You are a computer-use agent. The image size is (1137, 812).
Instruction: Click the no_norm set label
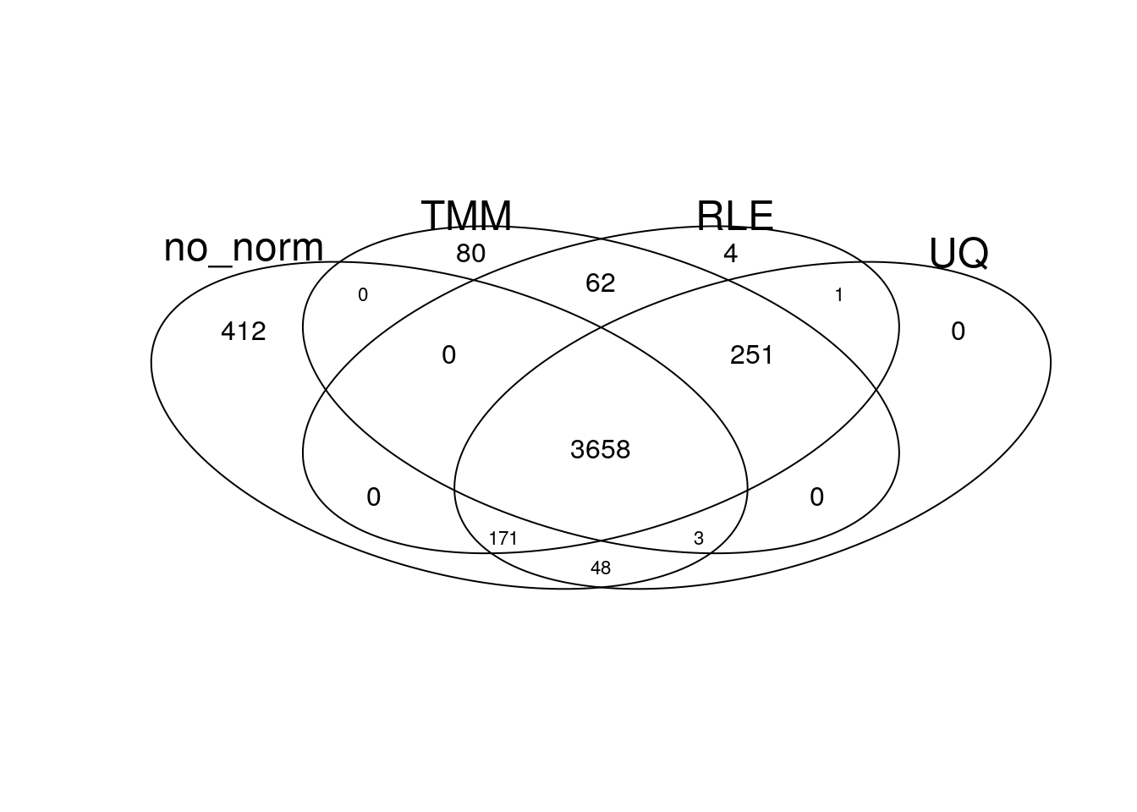click(244, 250)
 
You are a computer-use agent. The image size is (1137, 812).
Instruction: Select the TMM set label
click(466, 216)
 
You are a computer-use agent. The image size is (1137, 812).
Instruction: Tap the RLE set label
click(735, 216)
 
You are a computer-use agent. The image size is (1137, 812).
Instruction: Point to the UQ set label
click(958, 254)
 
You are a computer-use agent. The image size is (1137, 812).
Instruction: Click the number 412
click(243, 332)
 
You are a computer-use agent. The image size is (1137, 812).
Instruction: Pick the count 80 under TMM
click(470, 253)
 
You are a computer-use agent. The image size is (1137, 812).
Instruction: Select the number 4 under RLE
click(730, 253)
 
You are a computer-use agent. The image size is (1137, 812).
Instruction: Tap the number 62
click(600, 283)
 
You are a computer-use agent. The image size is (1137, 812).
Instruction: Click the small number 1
click(838, 294)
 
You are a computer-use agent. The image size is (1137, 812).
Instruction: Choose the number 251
click(751, 354)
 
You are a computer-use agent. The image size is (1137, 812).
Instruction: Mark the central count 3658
click(600, 449)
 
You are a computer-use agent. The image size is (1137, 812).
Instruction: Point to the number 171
click(503, 538)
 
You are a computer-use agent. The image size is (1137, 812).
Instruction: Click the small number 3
click(699, 538)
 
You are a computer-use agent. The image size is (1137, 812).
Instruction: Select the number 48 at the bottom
click(601, 568)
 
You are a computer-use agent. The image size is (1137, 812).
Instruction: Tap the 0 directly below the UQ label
click(958, 332)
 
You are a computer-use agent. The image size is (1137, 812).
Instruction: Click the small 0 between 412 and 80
click(362, 294)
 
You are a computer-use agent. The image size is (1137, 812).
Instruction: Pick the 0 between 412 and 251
click(448, 354)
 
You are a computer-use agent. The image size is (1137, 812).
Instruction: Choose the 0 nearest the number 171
click(373, 497)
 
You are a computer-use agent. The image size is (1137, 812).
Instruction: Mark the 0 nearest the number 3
click(816, 497)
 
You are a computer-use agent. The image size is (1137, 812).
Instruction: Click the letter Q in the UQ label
click(973, 255)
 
